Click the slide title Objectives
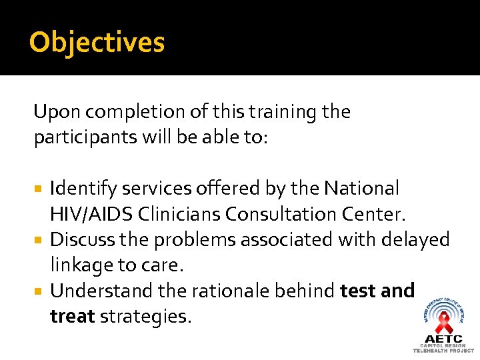97,43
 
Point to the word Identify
79,189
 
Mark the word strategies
145,316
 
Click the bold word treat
72,316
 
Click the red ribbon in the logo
443,323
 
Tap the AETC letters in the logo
443,339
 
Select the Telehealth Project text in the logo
443,350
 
